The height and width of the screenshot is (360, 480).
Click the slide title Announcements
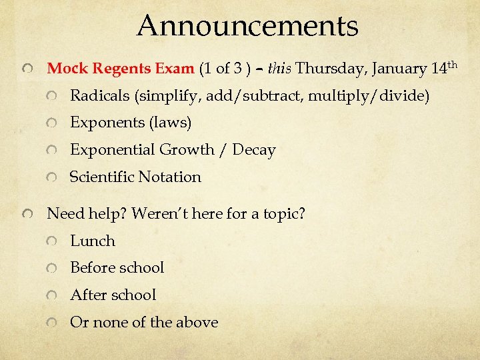247,26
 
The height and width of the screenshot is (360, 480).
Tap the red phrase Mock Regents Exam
120,69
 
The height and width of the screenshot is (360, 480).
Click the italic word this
279,69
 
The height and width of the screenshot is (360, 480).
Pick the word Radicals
100,96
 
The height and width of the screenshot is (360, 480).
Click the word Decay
253,150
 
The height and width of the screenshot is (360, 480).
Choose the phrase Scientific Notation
135,177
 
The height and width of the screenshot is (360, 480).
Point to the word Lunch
93,241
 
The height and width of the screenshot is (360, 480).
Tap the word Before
93,268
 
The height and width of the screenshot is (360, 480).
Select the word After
88,295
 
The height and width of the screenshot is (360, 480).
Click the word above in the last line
197,322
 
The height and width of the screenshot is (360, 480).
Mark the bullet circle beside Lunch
52,242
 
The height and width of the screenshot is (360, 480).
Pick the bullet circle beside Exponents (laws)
52,124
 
